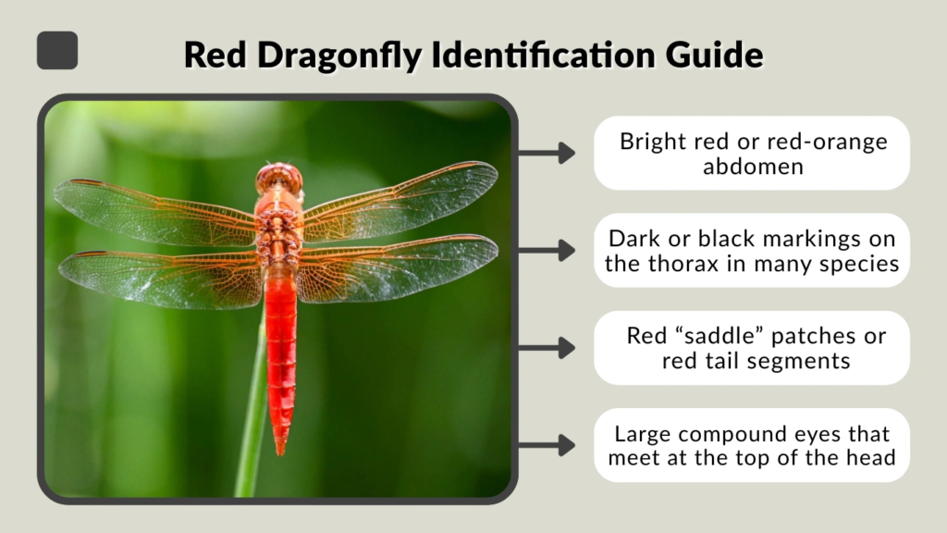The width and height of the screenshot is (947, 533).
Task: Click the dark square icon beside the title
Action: click(x=57, y=50)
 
